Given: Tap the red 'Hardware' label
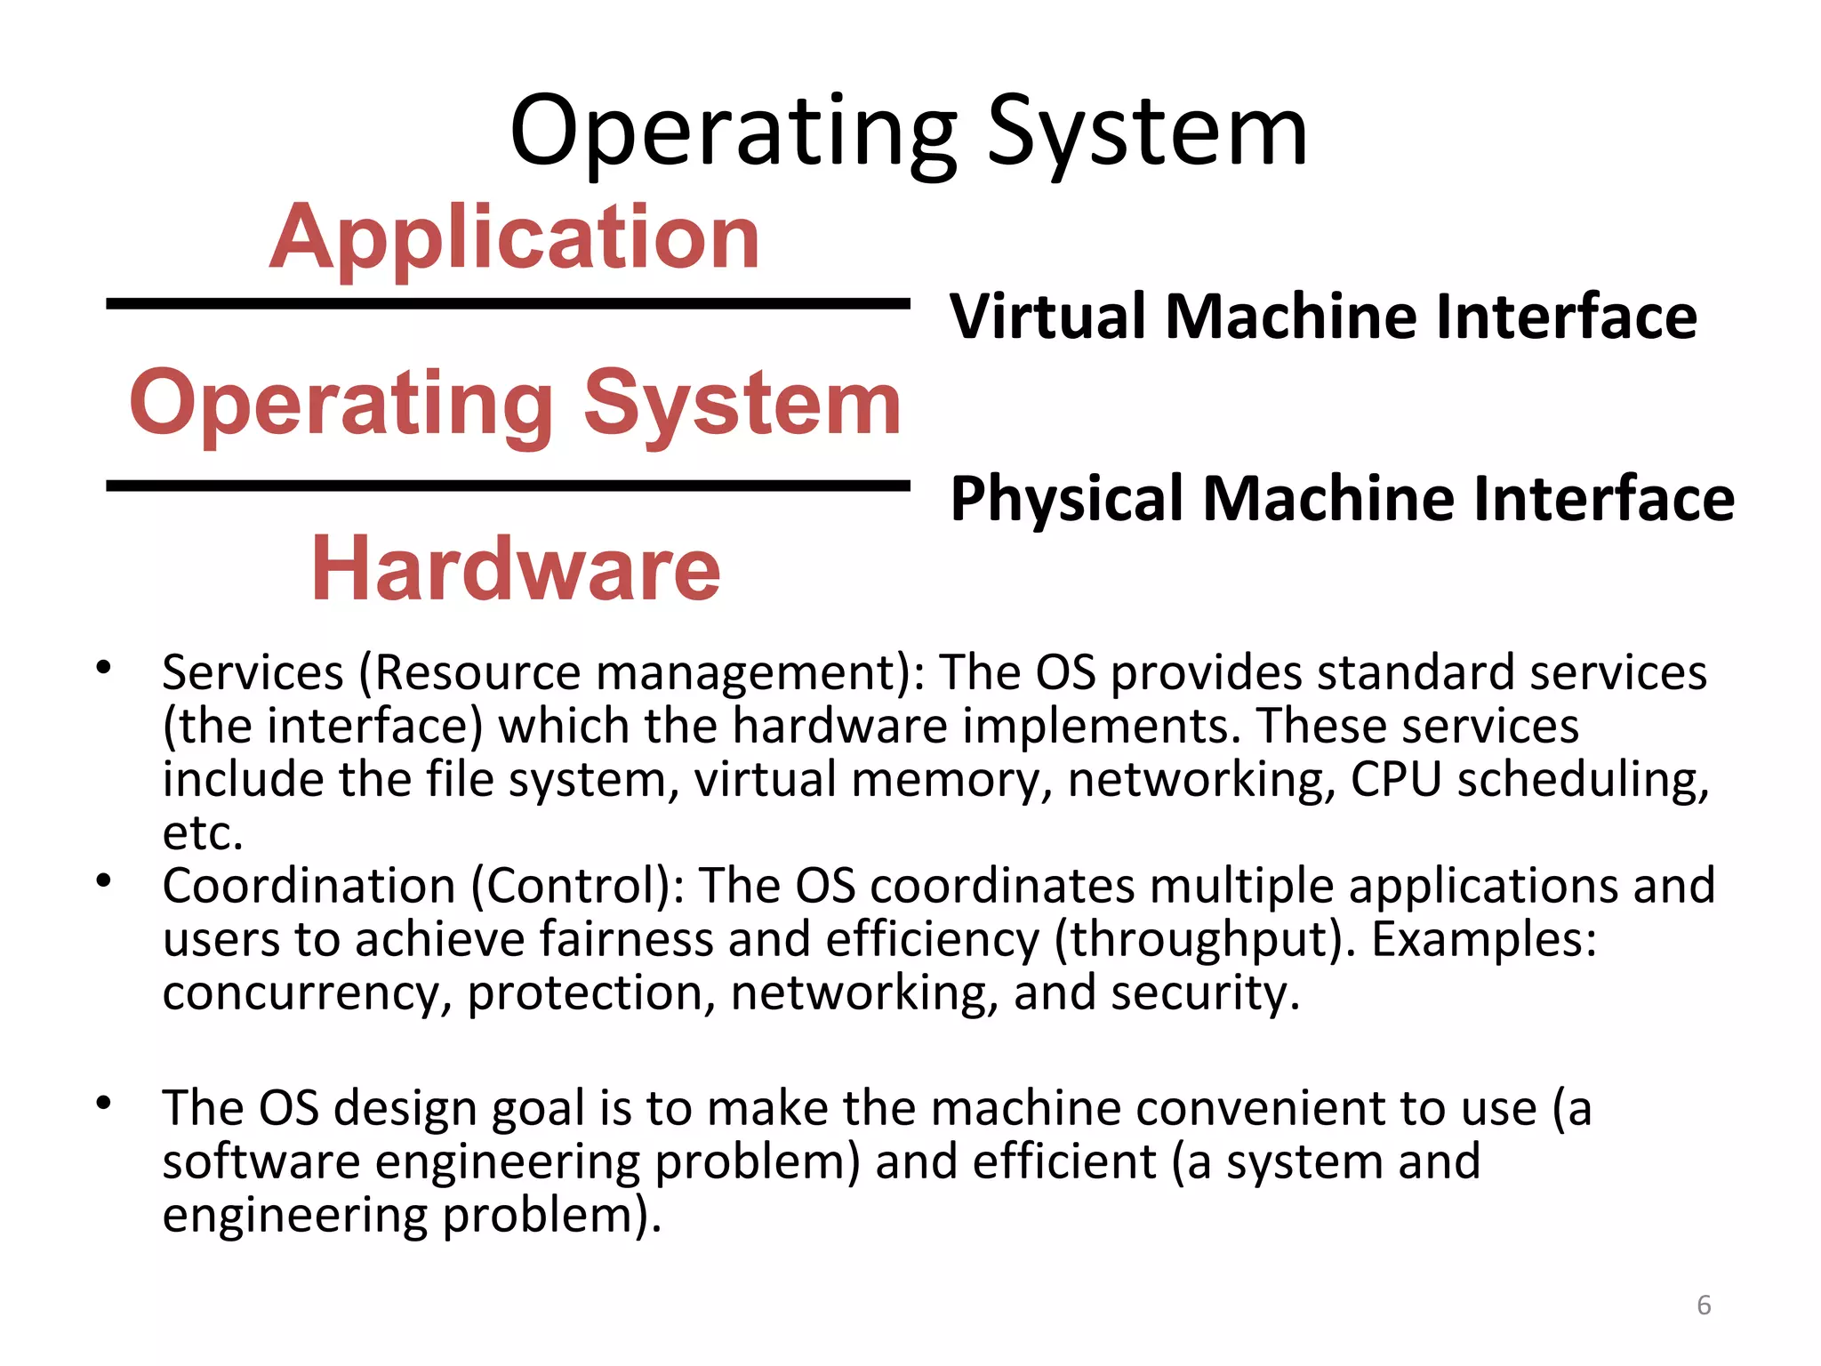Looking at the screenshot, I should tap(516, 569).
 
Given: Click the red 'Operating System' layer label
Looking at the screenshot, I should tap(516, 404).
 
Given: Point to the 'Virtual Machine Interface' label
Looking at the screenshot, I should tap(1323, 317).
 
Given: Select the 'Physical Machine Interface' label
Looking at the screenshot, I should tap(1342, 498).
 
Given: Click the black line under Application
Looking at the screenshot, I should tap(508, 304).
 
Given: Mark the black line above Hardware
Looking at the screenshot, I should tap(508, 486).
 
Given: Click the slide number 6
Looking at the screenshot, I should tap(1704, 1305).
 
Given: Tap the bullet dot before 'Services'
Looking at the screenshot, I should tap(104, 666).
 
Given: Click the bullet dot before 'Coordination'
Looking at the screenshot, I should tap(104, 880).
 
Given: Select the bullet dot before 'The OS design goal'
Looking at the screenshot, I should tap(104, 1103).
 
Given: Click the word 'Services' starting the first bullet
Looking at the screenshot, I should tap(253, 672).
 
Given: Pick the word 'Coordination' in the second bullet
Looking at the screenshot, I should tap(309, 886).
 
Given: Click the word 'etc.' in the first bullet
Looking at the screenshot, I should tap(203, 833).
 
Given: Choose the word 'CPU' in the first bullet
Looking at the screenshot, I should tap(1395, 780).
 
